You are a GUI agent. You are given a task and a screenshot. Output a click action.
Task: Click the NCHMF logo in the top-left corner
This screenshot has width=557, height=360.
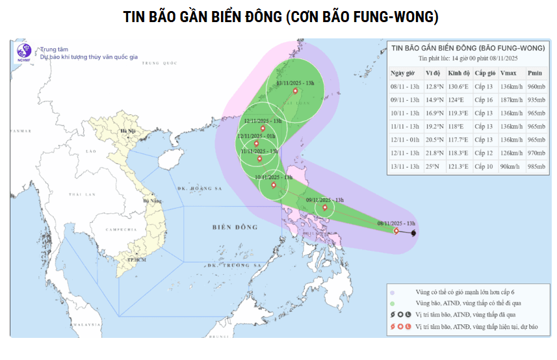click(x=24, y=52)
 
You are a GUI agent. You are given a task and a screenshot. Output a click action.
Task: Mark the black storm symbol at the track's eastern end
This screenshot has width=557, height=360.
click(x=414, y=233)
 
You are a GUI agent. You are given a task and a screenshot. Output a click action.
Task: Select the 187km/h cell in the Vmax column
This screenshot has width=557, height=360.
click(x=512, y=100)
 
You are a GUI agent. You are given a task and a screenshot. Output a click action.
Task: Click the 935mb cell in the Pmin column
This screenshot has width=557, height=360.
click(x=536, y=100)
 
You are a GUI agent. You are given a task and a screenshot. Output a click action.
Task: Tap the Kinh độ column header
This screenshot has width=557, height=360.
click(x=456, y=73)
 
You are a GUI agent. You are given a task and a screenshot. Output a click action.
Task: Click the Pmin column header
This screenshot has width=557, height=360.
click(x=535, y=73)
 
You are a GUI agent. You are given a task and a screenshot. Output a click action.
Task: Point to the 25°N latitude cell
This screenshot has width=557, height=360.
click(x=432, y=167)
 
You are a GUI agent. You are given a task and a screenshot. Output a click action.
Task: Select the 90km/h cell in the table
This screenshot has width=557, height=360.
click(x=512, y=167)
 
